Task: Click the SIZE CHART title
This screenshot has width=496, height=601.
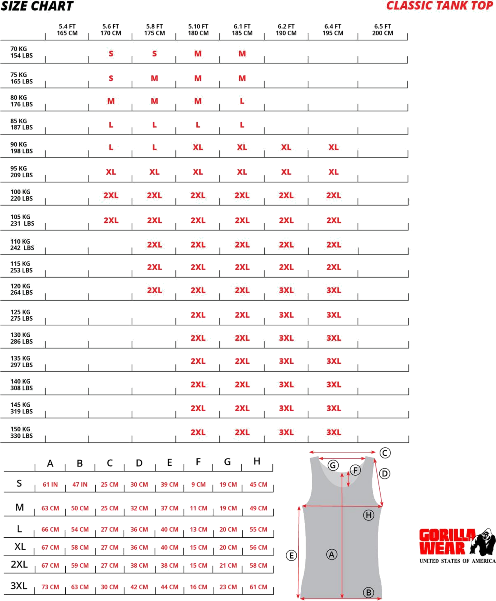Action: click(37, 6)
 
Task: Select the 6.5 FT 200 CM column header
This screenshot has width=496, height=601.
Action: click(382, 30)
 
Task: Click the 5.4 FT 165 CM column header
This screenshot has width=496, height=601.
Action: click(67, 30)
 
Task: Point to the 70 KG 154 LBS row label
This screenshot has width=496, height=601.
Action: click(21, 53)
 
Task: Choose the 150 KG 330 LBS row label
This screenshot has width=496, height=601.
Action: click(21, 432)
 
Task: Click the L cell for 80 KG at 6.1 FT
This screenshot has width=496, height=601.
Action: click(242, 101)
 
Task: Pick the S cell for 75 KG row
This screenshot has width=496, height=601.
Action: click(111, 78)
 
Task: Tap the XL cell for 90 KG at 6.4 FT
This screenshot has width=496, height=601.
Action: click(333, 147)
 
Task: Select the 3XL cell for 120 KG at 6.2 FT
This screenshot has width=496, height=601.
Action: click(286, 290)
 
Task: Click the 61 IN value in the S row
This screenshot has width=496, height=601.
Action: click(50, 484)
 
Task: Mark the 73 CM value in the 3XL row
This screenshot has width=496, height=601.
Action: click(50, 587)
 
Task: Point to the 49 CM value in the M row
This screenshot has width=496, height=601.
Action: click(258, 508)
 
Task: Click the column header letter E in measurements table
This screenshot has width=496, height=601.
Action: click(169, 462)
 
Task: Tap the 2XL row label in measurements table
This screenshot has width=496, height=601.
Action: click(19, 564)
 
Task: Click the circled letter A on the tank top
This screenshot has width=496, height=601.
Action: click(331, 555)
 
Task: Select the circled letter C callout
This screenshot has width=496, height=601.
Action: click(385, 453)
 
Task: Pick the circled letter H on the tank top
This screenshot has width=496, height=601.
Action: click(369, 515)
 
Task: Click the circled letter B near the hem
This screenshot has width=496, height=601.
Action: click(369, 592)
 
